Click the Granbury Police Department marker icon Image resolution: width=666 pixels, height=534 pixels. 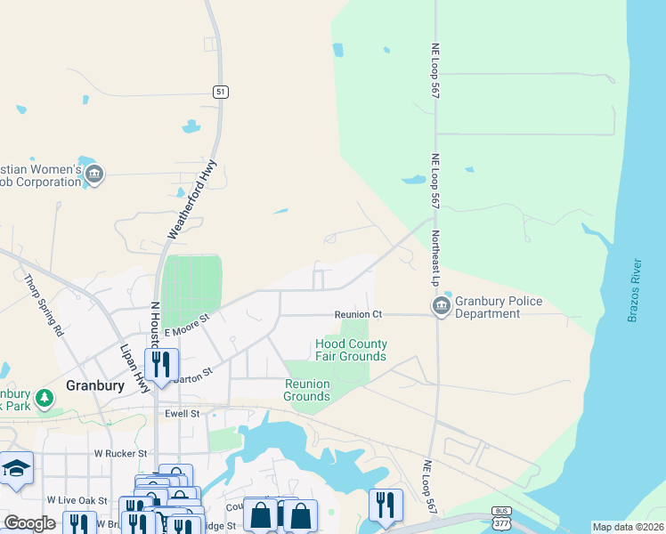tap(441, 306)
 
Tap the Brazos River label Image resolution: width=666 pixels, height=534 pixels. tap(634, 290)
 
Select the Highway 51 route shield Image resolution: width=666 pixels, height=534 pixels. tap(220, 91)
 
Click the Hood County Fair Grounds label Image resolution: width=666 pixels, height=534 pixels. tap(351, 350)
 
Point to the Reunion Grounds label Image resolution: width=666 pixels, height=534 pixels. tap(307, 390)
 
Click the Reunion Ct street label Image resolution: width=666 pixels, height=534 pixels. tap(358, 314)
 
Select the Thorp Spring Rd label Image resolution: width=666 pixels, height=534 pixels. tap(45, 304)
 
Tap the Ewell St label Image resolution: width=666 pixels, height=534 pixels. tap(183, 414)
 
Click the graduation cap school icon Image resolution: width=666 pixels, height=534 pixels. tap(16, 469)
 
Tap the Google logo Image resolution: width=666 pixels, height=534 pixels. tap(29, 522)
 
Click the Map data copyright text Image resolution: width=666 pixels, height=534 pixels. tap(628, 527)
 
